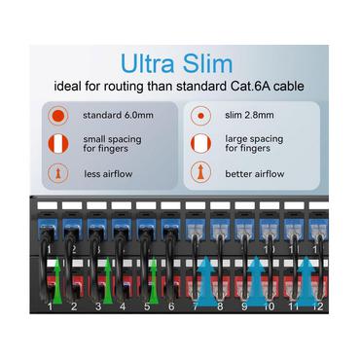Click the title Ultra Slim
[178, 64]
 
